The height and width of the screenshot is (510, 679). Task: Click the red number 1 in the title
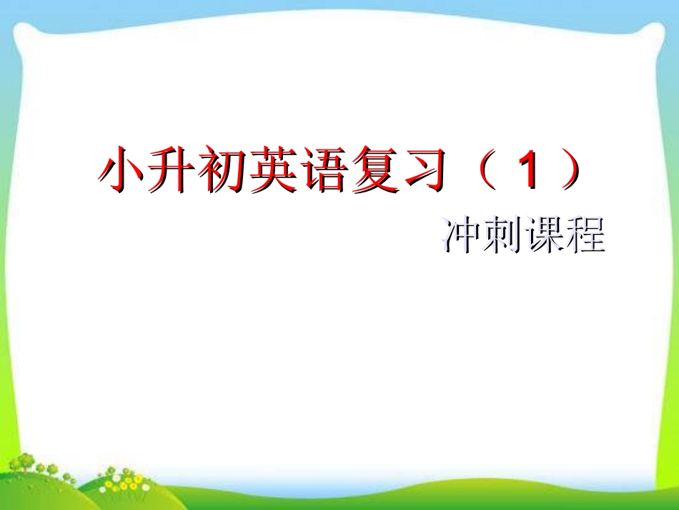click(x=529, y=171)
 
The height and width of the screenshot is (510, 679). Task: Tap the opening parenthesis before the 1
click(x=487, y=171)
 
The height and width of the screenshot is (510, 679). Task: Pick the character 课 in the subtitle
click(x=542, y=235)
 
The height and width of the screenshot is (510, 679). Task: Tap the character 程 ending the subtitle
click(x=584, y=235)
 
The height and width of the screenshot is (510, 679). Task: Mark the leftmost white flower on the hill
click(x=103, y=490)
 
